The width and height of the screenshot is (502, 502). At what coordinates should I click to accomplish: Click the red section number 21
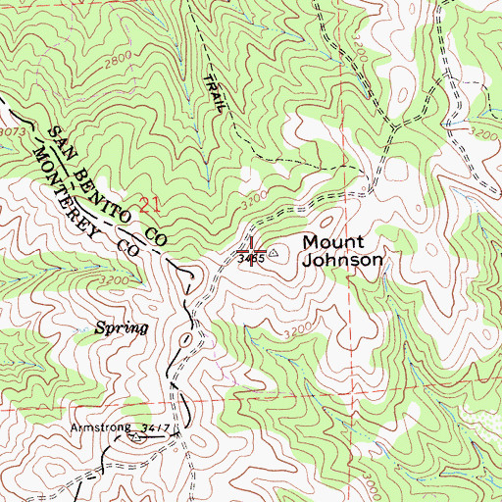point(149,205)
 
